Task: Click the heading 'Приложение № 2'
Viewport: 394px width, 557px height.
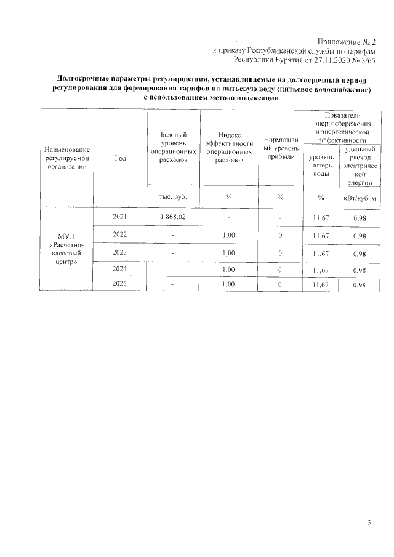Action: tap(349, 41)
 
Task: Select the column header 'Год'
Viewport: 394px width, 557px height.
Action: tap(120, 159)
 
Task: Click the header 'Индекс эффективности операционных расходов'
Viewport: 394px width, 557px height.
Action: tap(228, 147)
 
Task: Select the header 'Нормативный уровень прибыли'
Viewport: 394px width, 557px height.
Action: tap(280, 147)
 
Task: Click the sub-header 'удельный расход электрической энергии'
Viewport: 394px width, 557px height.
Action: tap(360, 166)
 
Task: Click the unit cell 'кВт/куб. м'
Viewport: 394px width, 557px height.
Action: tap(360, 197)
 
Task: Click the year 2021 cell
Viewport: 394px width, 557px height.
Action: tap(120, 217)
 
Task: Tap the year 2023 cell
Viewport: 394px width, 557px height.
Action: tap(120, 252)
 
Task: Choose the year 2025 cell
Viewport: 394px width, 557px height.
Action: tap(120, 284)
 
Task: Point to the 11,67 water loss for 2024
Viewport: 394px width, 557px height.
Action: tap(321, 270)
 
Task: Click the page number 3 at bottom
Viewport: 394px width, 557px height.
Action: tap(369, 523)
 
